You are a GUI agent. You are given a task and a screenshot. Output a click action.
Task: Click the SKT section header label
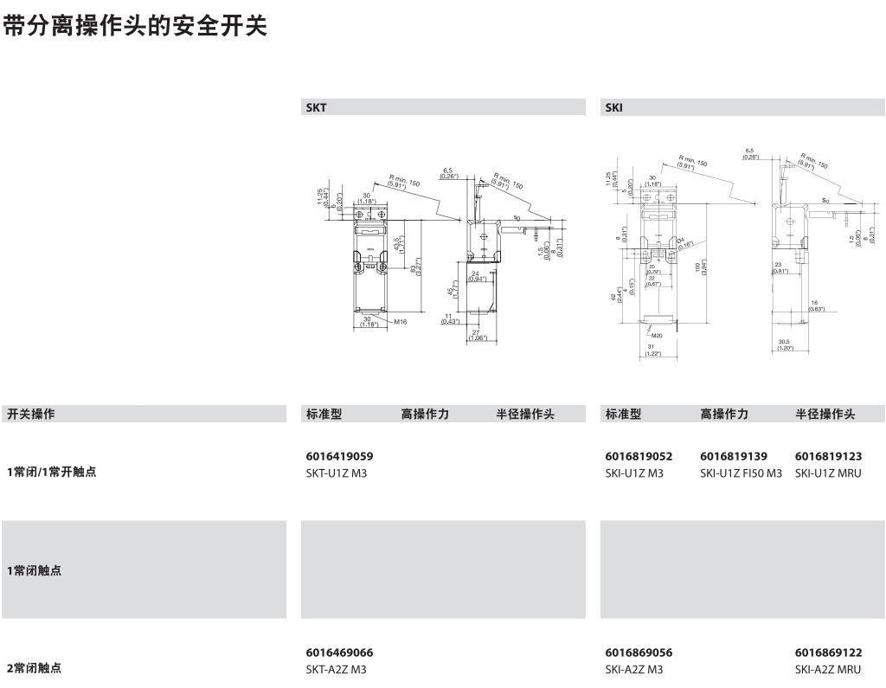pos(316,108)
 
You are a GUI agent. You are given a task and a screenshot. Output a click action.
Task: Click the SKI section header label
pos(613,108)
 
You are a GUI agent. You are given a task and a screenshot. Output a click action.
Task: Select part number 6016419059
pos(339,456)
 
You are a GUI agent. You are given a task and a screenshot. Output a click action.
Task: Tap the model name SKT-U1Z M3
pos(337,473)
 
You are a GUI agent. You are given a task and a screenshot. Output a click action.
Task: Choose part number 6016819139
pos(733,456)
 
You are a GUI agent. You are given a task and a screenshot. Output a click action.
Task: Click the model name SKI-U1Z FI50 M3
pos(741,473)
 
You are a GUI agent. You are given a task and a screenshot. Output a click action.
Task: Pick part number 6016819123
pos(828,456)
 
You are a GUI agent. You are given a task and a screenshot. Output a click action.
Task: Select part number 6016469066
pos(339,653)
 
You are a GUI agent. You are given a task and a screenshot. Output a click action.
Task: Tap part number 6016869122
pos(828,653)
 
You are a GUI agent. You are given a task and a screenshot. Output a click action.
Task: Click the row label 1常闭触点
pos(35,570)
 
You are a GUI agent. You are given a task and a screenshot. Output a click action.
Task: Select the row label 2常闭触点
pos(35,668)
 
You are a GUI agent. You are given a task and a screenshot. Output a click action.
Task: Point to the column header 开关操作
pos(30,414)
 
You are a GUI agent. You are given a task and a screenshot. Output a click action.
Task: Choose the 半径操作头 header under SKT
pos(525,414)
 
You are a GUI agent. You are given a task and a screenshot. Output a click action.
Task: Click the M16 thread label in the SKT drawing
pos(401,322)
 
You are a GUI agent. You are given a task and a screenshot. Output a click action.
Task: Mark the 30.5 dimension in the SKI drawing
pos(785,342)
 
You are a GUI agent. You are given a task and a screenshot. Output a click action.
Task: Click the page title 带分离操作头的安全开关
pos(135,26)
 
